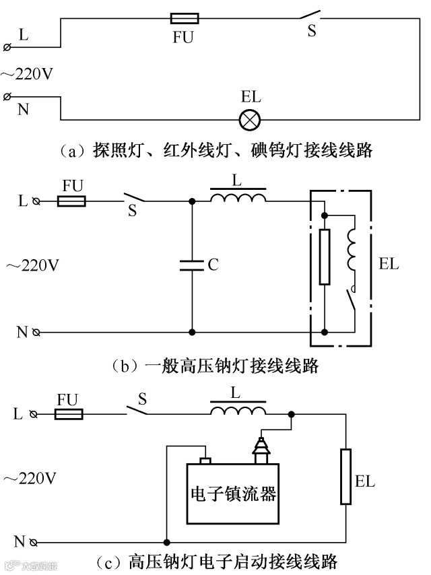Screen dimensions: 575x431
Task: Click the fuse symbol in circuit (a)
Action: [x=181, y=20]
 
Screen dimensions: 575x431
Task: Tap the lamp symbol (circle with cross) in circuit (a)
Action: [x=251, y=120]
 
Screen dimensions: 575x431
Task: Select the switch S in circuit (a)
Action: [x=310, y=15]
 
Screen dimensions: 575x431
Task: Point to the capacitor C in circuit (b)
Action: [x=192, y=265]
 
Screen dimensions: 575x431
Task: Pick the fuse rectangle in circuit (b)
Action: [x=72, y=201]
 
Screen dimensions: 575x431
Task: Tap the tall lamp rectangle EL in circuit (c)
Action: [x=346, y=477]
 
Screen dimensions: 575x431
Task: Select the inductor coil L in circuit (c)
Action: [x=238, y=412]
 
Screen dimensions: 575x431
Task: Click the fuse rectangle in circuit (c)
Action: [x=69, y=413]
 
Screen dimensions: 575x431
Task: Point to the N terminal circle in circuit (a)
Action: [x=7, y=97]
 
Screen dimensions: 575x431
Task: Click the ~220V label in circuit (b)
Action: [x=32, y=265]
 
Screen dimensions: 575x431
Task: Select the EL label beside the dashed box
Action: [x=389, y=264]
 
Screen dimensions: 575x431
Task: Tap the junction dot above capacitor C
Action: [x=192, y=201]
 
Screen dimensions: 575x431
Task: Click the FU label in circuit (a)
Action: [x=182, y=38]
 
